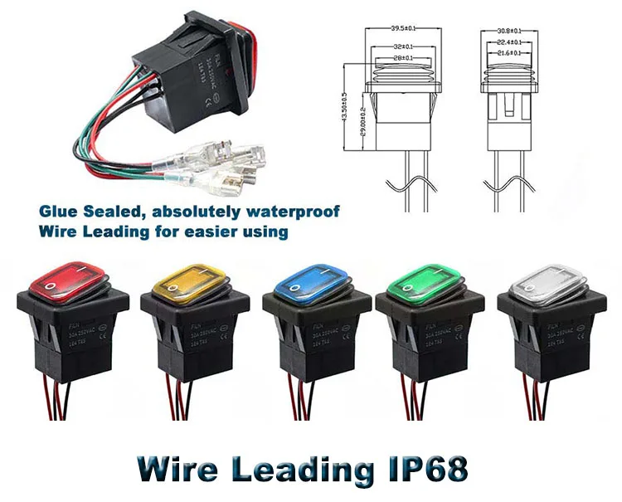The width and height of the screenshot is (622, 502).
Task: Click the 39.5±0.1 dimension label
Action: click(x=405, y=31)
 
